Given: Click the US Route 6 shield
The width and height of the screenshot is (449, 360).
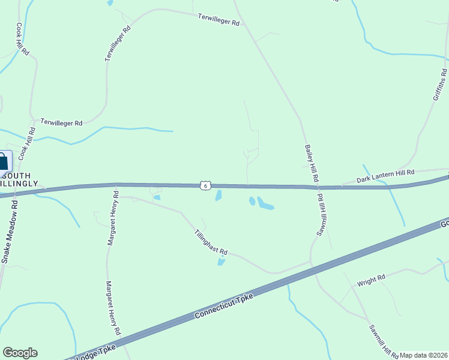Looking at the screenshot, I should (206, 186).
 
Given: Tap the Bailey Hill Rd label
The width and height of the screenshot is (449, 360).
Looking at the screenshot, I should (312, 163).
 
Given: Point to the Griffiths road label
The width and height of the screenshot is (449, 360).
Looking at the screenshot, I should (440, 85).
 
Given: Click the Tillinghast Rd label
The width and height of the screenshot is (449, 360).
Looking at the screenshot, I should (211, 242).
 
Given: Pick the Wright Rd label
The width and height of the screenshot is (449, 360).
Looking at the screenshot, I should (370, 280).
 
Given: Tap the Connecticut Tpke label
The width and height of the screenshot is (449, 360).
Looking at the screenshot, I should (226, 306).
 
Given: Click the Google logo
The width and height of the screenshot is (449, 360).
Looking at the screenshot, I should (20, 353).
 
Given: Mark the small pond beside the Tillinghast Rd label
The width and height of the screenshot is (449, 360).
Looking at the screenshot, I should (221, 262).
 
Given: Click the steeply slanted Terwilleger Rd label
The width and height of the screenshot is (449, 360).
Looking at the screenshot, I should (118, 43).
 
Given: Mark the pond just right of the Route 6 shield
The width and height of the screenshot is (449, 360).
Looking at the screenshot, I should (218, 196).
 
